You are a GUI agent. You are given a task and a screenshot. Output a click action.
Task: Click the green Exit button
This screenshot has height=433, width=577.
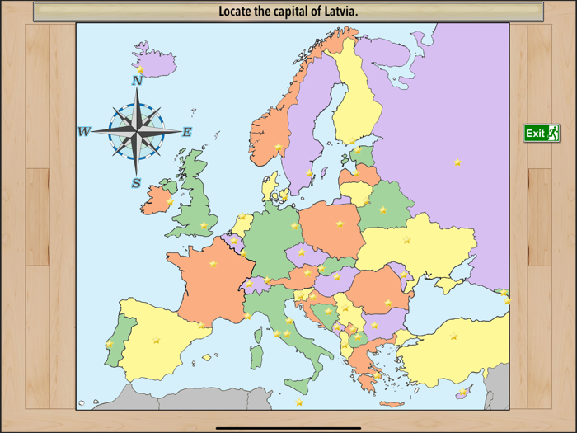[542, 133]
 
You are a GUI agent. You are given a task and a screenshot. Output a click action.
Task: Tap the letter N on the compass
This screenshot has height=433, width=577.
[137, 81]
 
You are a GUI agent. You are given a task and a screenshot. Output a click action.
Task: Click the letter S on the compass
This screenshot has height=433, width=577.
[136, 183]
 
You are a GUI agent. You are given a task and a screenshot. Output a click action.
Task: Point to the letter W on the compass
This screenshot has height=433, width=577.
[84, 132]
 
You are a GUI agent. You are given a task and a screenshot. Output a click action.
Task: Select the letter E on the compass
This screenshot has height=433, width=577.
[187, 132]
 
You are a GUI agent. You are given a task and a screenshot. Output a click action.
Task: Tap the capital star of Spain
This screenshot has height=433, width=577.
[156, 339]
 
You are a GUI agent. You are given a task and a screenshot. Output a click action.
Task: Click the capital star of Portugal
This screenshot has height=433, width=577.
[110, 345]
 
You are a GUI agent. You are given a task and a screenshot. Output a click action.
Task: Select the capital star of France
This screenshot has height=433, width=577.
[213, 264]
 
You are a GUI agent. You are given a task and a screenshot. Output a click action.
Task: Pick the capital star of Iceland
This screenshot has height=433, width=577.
[141, 70]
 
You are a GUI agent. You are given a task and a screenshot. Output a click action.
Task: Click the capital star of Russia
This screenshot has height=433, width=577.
[457, 162]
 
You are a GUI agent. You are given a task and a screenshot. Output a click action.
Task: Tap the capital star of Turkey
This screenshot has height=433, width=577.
[453, 336]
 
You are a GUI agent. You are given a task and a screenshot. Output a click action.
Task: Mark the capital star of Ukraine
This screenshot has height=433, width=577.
[406, 240]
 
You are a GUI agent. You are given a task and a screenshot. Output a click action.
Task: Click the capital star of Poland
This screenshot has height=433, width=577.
[340, 224]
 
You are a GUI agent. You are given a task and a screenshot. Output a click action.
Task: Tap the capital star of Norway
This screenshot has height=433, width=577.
[279, 147]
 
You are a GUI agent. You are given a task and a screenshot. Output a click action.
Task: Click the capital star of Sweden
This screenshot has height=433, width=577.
[309, 173]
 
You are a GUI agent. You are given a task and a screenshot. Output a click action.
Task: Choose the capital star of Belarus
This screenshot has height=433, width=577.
[382, 209]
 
